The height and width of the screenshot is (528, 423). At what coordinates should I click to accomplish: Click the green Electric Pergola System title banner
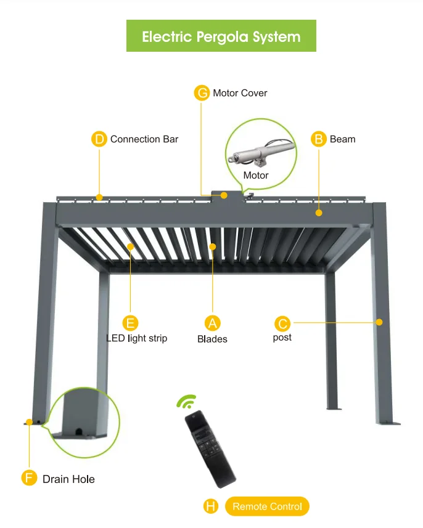[x=221, y=36]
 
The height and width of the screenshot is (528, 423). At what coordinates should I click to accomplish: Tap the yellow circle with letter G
[x=202, y=93]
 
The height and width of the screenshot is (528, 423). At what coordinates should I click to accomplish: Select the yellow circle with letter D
[x=99, y=139]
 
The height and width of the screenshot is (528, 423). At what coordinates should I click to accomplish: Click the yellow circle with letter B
[x=318, y=139]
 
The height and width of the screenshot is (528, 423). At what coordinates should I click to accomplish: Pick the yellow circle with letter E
[x=130, y=323]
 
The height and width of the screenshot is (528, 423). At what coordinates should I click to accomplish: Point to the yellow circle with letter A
[x=212, y=323]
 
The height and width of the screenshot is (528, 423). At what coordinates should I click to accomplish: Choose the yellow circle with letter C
[x=282, y=323]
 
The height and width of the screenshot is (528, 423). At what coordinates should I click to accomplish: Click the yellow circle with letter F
[x=29, y=478]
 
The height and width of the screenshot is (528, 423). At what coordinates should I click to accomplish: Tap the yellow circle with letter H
[x=211, y=506]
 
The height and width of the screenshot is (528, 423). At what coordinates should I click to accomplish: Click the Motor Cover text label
[x=240, y=93]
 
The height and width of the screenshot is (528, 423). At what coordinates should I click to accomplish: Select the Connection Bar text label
[x=144, y=139]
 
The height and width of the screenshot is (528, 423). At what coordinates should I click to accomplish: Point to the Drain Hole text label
[x=68, y=479]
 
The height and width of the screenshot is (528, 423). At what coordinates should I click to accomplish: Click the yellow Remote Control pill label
[x=267, y=506]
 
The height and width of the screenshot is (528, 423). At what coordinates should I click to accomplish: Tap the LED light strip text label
[x=137, y=338]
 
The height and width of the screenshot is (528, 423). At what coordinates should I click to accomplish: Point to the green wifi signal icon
[x=186, y=402]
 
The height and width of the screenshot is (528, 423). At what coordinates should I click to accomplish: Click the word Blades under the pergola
[x=212, y=339]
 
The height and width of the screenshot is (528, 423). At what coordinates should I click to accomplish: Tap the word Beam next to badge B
[x=342, y=139]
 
